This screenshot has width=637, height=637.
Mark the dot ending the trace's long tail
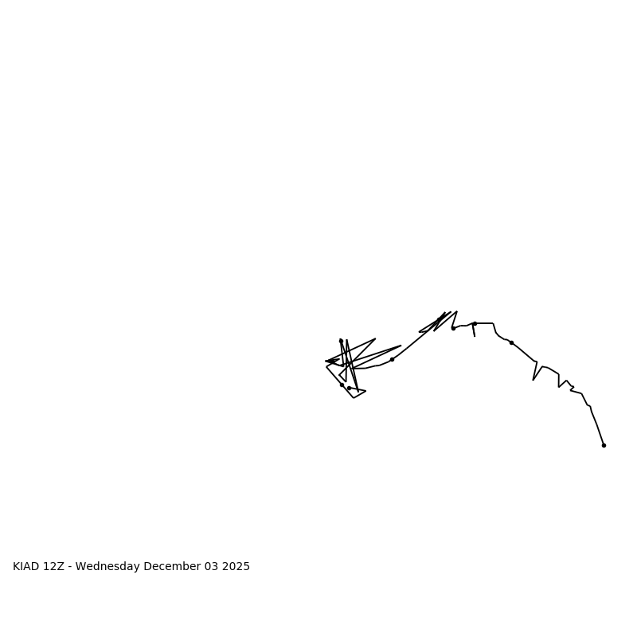(x=604, y=445)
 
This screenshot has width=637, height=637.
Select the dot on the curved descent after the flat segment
(x=511, y=342)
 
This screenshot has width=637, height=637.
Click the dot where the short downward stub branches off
(x=475, y=323)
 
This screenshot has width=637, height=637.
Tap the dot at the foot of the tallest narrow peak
(x=453, y=328)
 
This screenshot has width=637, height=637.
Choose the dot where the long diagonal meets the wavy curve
(x=392, y=359)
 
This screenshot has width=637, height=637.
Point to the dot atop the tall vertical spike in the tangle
(x=341, y=341)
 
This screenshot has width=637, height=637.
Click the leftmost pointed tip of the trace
(x=326, y=361)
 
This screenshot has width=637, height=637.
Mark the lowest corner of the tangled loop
(x=354, y=397)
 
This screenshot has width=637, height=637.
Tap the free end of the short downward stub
(x=475, y=336)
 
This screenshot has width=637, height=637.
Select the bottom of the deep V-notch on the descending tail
(x=533, y=380)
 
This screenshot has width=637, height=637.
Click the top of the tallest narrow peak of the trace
(x=457, y=311)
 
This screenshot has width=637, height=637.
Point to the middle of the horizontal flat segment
(x=484, y=323)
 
